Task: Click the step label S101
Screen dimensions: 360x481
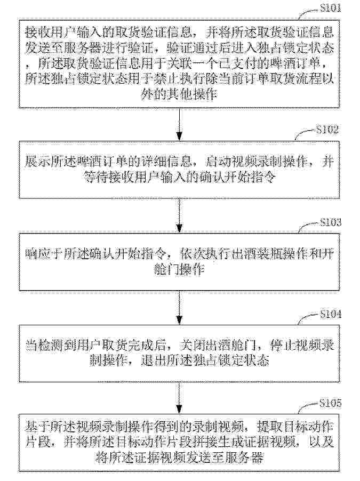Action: (330, 7)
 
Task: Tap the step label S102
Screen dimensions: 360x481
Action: (327, 130)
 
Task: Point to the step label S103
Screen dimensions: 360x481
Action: (330, 222)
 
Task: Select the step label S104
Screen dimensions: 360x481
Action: (330, 314)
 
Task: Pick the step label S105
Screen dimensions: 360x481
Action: (330, 403)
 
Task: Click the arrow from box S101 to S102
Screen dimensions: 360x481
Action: (179, 124)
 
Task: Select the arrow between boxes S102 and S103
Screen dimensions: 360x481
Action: (179, 215)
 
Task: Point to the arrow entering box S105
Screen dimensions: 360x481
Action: (179, 398)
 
